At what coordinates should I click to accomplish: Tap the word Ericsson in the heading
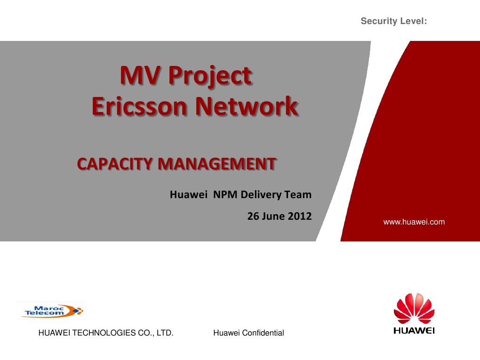click(140, 106)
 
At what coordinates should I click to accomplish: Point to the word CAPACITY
click(114, 164)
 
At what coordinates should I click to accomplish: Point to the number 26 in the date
click(253, 216)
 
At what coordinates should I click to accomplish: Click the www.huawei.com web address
click(414, 222)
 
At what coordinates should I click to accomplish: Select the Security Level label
click(393, 21)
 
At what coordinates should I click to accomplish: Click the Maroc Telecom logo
click(52, 311)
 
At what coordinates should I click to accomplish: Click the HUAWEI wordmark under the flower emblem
click(414, 330)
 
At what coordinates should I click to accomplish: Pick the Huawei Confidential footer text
click(248, 333)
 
